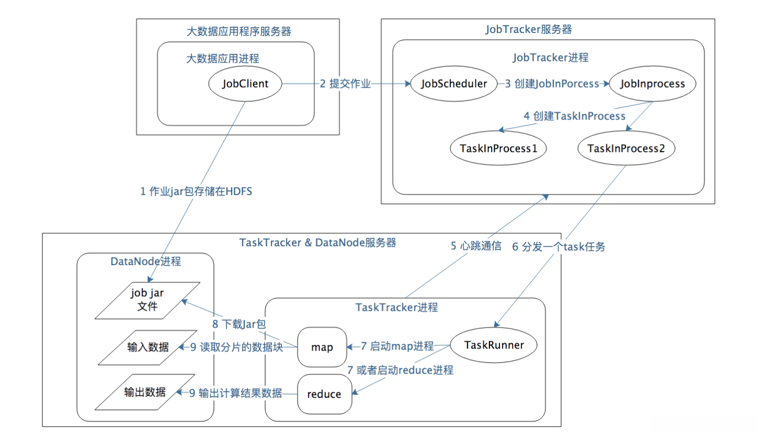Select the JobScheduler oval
(x=452, y=84)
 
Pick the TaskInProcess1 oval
(x=498, y=148)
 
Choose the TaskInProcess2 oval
(x=626, y=148)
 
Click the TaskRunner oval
(x=494, y=345)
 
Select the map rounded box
(x=322, y=347)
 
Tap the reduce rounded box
(x=324, y=394)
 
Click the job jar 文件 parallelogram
(x=148, y=300)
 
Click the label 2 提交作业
(x=345, y=84)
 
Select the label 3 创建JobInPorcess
(x=552, y=84)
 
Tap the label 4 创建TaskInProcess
(x=575, y=116)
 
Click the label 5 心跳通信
(x=476, y=246)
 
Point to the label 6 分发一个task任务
(x=559, y=247)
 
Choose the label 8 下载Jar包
(x=238, y=324)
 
